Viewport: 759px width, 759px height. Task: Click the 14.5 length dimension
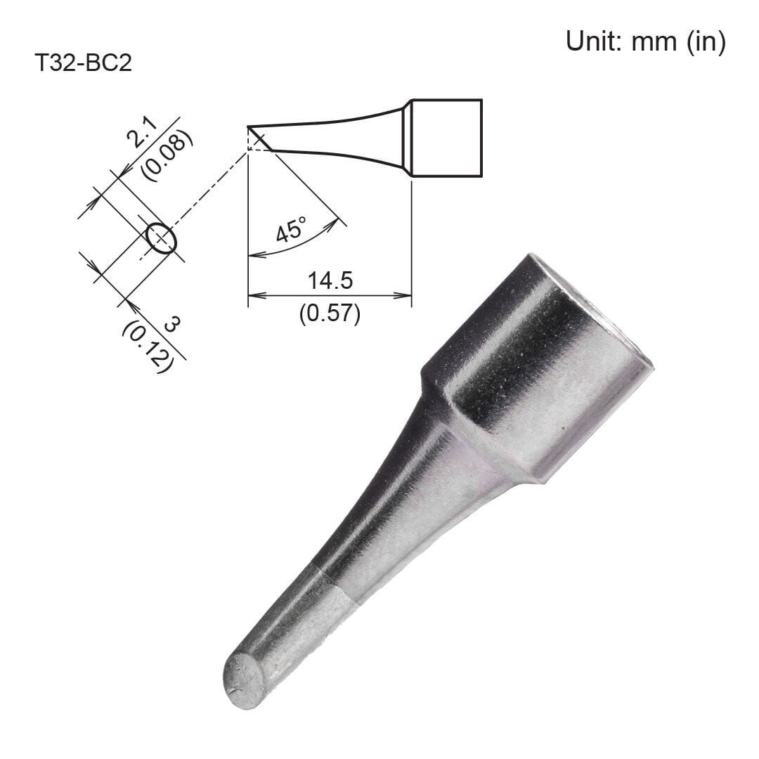tap(330, 280)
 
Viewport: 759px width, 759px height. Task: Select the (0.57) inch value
tap(330, 313)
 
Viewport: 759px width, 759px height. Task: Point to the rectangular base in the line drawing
tap(447, 138)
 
